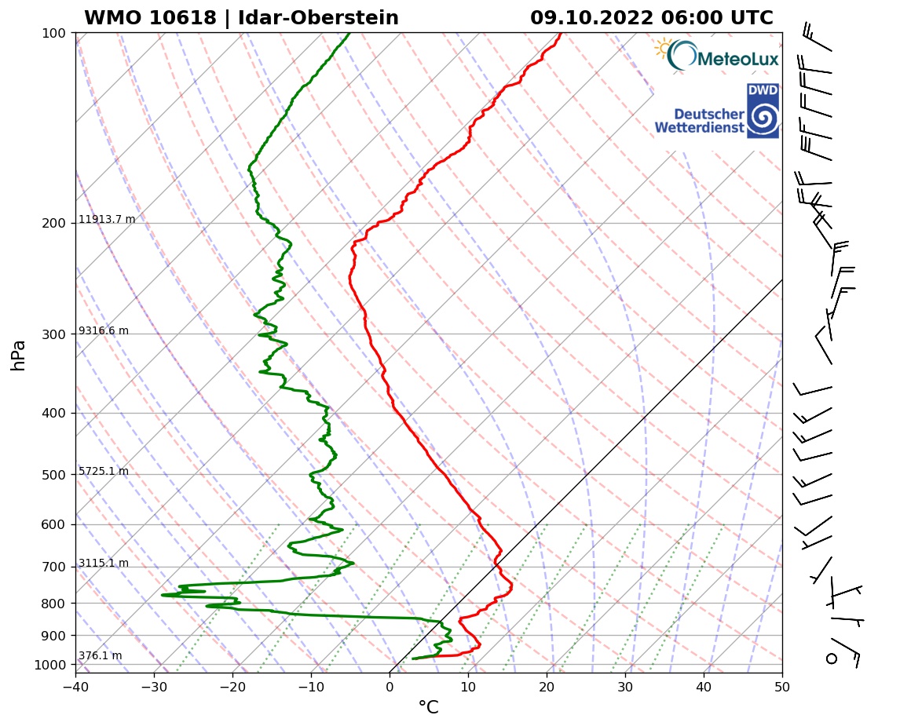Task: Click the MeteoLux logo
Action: click(717, 56)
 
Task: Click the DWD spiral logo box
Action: click(763, 111)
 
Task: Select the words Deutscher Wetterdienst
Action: click(699, 121)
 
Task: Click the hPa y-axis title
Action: click(19, 355)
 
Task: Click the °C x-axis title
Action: click(428, 708)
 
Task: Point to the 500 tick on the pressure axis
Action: click(53, 475)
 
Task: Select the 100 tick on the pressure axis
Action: click(53, 33)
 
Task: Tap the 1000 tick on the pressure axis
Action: click(49, 666)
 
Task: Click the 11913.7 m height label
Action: click(107, 220)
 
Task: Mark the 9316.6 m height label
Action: click(103, 331)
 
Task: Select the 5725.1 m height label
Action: click(103, 472)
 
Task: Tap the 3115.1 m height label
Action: click(103, 564)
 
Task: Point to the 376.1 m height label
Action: click(100, 656)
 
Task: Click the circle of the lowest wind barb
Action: click(832, 658)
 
